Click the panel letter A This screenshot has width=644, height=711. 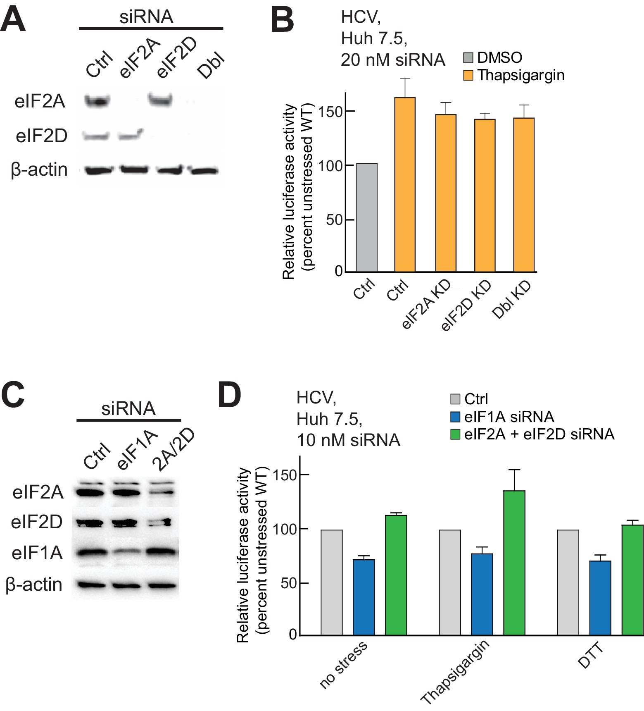tap(13, 19)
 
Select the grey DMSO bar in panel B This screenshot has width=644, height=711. tap(367, 217)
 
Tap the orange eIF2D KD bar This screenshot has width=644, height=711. tap(485, 195)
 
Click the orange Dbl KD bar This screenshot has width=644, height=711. tap(524, 195)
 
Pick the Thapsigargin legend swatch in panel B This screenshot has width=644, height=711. tap(468, 75)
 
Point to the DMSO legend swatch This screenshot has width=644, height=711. tap(468, 57)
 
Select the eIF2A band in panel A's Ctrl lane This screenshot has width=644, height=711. tap(98, 100)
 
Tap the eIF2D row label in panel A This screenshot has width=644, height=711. tap(41, 136)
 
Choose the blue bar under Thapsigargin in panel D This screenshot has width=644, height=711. tap(482, 594)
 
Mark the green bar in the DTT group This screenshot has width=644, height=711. tap(632, 580)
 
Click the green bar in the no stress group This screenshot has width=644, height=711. tap(396, 575)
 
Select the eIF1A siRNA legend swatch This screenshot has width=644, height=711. tap(455, 417)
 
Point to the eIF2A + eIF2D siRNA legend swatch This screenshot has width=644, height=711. tap(455, 434)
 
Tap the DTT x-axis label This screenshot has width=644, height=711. tap(591, 656)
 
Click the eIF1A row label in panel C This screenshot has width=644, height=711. tap(37, 553)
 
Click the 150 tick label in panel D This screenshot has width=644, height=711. tap(285, 475)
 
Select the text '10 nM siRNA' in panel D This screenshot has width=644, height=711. tap(348, 440)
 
